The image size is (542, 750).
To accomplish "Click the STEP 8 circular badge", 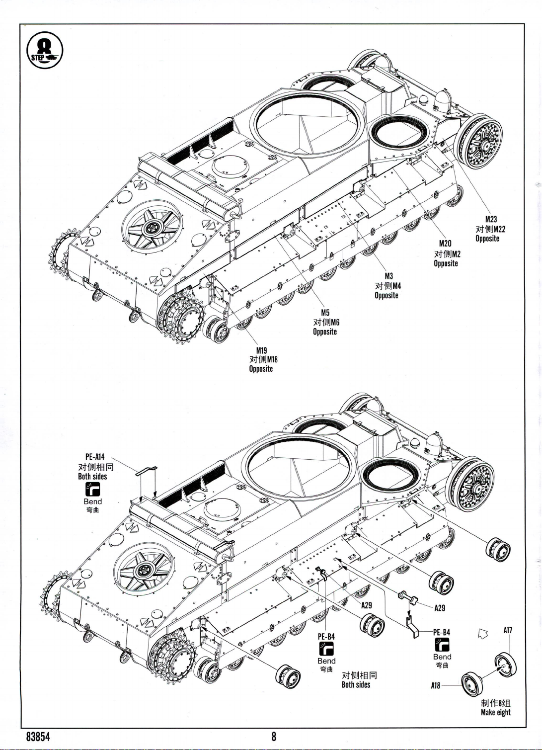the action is pyautogui.click(x=45, y=50).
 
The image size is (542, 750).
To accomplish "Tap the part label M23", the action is pyautogui.click(x=491, y=219).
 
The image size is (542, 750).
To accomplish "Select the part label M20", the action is pyautogui.click(x=445, y=244).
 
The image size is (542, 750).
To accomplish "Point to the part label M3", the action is pyautogui.click(x=388, y=276).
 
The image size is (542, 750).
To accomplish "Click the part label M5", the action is pyautogui.click(x=325, y=313).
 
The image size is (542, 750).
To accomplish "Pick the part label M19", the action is pyautogui.click(x=262, y=350).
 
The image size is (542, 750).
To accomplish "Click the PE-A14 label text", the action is pyautogui.click(x=95, y=456).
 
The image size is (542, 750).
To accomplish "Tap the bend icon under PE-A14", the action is pyautogui.click(x=92, y=490).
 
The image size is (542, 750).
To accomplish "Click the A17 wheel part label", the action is pyautogui.click(x=508, y=630).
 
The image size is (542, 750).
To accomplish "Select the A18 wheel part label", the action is pyautogui.click(x=435, y=685).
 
